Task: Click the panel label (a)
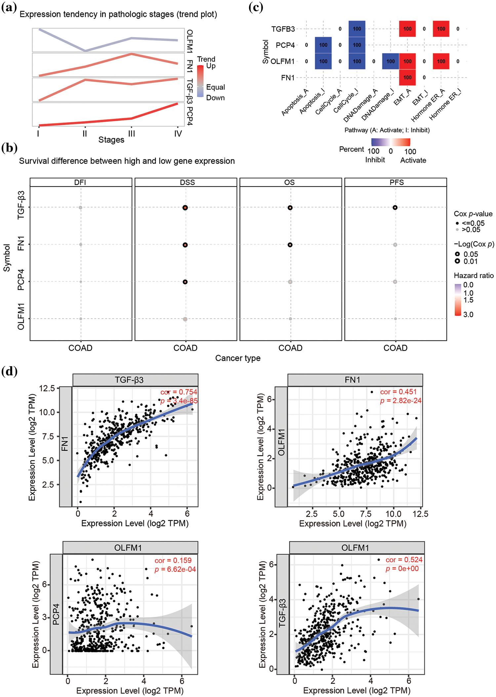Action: pos(9,7)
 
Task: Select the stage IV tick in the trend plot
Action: pos(178,133)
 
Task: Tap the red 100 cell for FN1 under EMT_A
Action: pos(407,77)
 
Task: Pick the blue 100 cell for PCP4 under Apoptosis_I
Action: pos(323,45)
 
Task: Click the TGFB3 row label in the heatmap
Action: pos(283,29)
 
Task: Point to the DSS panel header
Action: pos(187,182)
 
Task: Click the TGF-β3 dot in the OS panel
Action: pos(290,208)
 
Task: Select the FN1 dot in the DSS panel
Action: pos(185,245)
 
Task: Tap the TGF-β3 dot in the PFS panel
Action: pos(395,208)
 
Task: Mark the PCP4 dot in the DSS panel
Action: pos(185,282)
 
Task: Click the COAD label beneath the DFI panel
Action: pos(80,348)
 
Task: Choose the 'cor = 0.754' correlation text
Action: pos(179,392)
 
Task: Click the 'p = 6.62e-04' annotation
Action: pos(175,569)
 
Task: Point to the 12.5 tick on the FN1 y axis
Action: pos(47,388)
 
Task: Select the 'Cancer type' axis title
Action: pos(238,358)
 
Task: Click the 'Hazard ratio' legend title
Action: pos(474,275)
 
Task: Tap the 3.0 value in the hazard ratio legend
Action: pos(468,315)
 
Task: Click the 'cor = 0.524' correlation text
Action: pos(404,560)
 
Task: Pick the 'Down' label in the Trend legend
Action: pos(215,98)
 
